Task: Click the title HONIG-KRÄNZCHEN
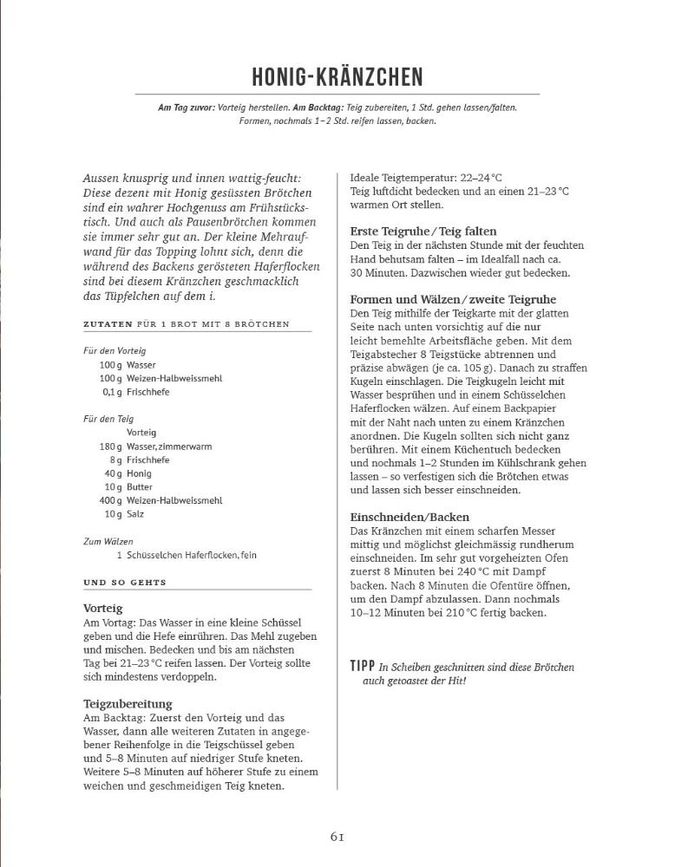tap(337, 77)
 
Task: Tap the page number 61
tap(337, 837)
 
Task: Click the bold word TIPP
tap(362, 667)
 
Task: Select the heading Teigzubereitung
tap(128, 703)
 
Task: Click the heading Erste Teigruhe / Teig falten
tap(423, 231)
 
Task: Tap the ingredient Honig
tap(140, 473)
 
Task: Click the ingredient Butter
tap(140, 487)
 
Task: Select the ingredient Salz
tap(136, 514)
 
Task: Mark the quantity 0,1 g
tap(112, 392)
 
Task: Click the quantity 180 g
tap(110, 447)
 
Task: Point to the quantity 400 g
tap(110, 500)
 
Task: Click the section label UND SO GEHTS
tap(125, 583)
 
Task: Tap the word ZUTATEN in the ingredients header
tap(108, 324)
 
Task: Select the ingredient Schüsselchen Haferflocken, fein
tap(192, 555)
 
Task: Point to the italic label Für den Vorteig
tap(115, 351)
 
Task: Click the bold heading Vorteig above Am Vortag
tap(103, 609)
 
